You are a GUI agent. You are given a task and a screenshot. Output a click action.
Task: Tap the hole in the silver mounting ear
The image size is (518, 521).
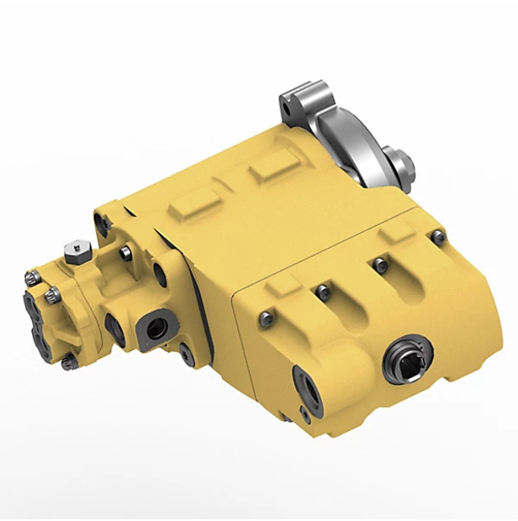(292, 105)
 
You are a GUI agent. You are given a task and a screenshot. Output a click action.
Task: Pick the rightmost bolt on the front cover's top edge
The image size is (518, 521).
(437, 238)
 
